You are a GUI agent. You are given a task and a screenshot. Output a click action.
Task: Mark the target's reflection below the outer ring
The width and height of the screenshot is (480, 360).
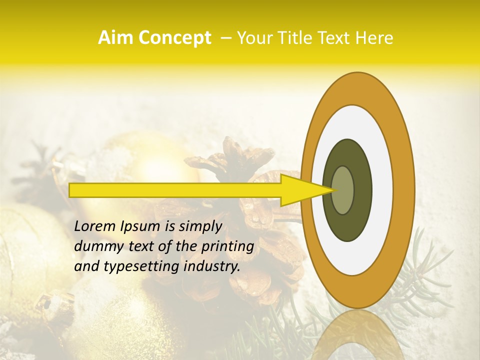pos(358,335)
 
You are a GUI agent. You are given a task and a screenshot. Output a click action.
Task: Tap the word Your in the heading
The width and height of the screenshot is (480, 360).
pos(252,38)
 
